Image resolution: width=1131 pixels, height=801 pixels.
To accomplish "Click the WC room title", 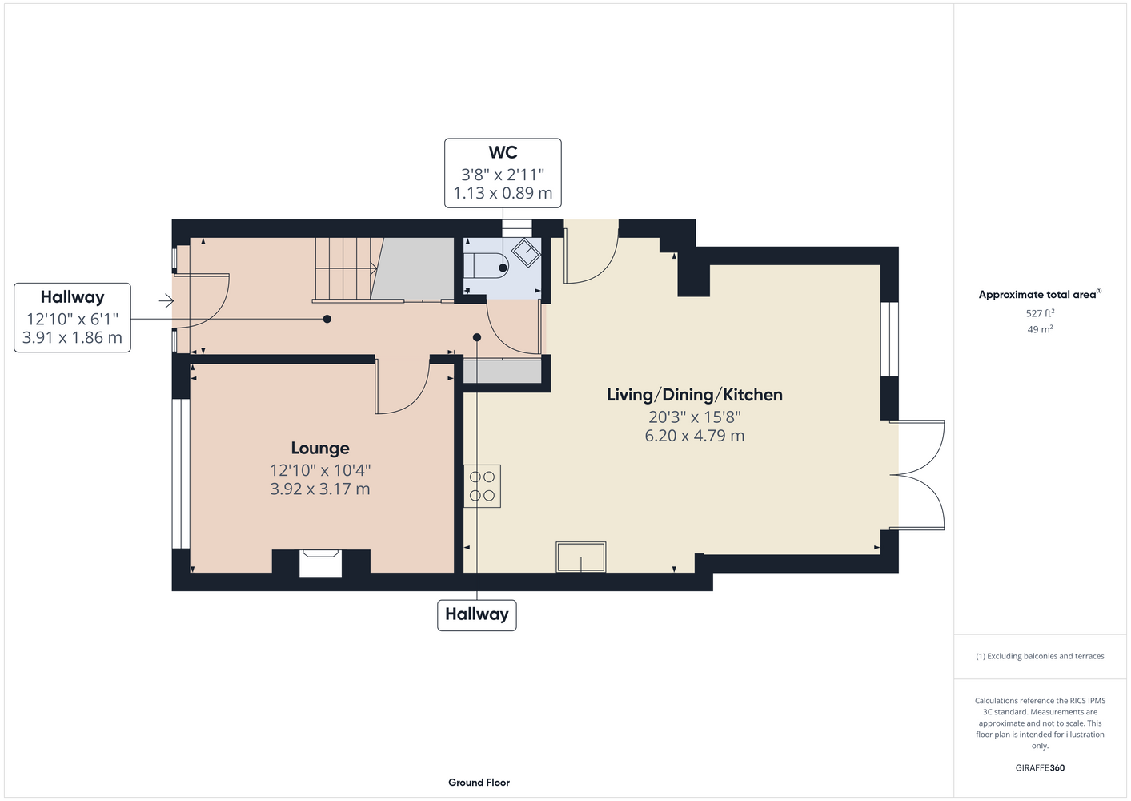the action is point(503,152).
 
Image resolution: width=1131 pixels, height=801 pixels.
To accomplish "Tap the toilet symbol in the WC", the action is point(485,265).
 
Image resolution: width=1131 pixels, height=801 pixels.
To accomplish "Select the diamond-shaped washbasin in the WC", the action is point(526,252).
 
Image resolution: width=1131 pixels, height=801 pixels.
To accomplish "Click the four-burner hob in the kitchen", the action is point(482,486).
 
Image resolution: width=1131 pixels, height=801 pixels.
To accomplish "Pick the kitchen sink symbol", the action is point(580,557).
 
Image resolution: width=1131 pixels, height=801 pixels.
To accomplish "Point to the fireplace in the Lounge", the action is point(321,563).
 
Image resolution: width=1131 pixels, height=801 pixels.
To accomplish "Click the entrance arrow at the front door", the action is point(166,301).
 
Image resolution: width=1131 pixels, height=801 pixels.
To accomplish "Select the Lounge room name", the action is point(320,449).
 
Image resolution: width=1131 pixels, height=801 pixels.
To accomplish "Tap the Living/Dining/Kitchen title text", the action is point(694,395).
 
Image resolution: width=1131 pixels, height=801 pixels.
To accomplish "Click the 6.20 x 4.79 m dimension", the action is point(694,436).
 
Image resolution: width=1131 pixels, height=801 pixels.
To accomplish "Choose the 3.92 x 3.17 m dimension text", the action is point(320,489).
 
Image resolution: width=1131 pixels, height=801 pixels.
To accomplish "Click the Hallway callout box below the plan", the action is point(476,615).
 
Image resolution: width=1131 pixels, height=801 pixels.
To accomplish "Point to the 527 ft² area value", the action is point(1040,313).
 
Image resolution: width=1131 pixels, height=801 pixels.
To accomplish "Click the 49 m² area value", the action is point(1040,329).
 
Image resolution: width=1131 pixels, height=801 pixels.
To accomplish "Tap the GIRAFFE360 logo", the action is point(1040,767).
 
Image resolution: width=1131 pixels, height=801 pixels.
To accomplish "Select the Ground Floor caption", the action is point(479,783).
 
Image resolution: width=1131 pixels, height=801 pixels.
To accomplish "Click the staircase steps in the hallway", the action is point(347,268).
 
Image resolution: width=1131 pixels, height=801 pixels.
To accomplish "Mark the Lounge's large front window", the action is point(181,474).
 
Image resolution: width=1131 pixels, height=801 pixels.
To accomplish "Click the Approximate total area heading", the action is point(1040,295).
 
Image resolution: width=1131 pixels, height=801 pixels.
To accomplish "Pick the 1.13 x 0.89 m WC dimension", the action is point(503,193).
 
